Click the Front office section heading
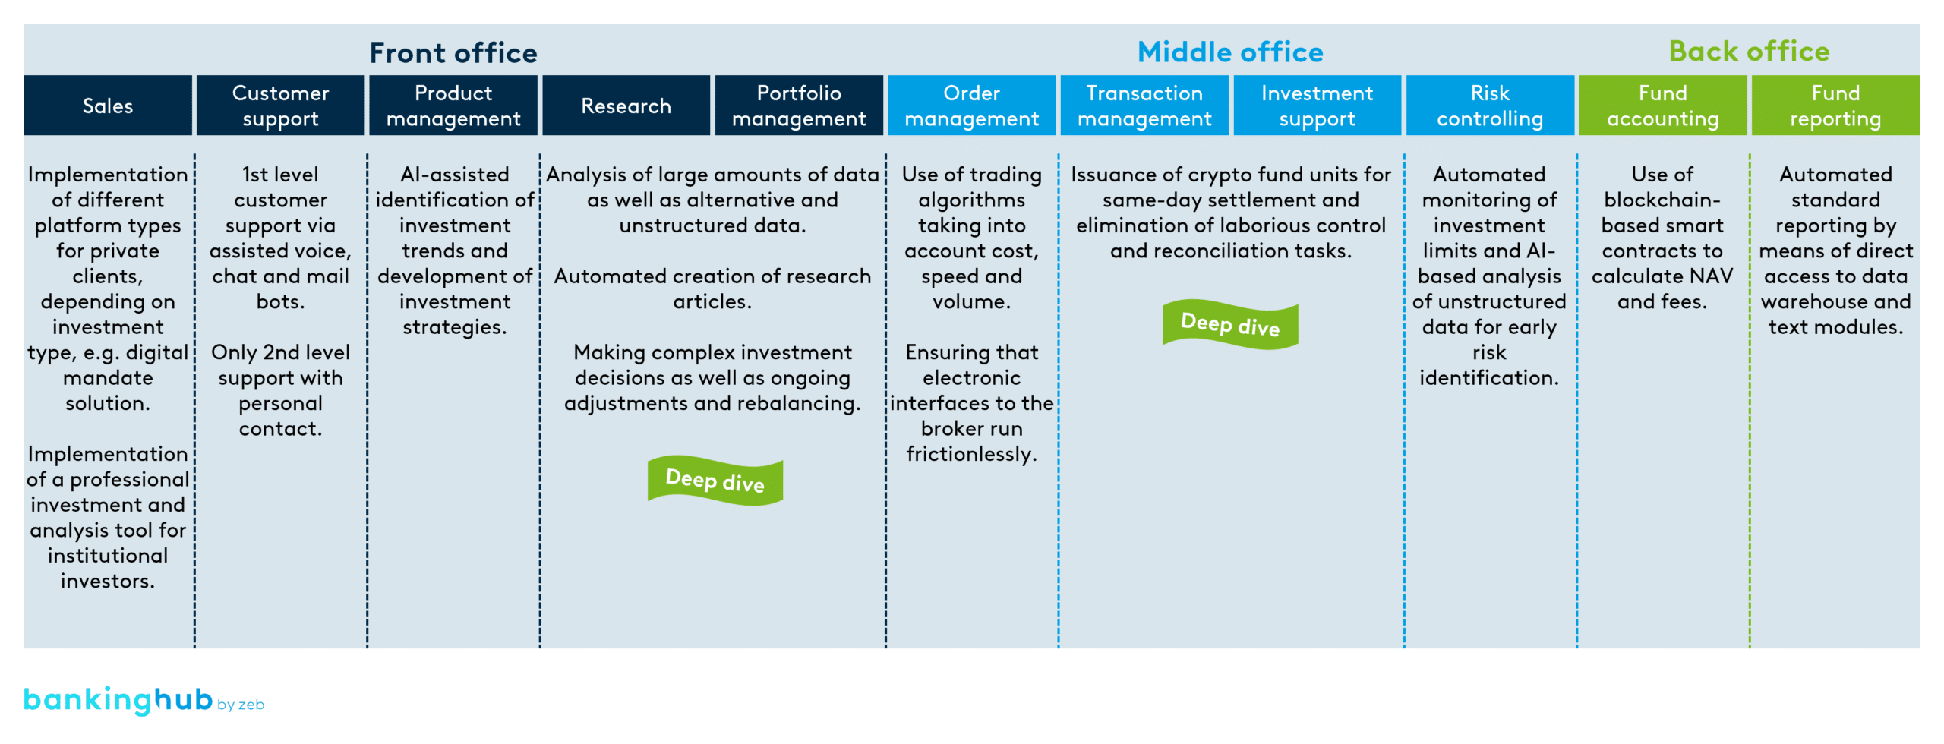pos(453,52)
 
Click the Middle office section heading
pos(1229,52)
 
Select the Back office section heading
pos(1748,51)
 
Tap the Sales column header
pos(108,106)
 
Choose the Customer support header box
pos(280,106)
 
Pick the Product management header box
pos(453,106)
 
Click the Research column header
pos(626,106)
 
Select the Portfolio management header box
pos(798,106)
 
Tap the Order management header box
pos(971,106)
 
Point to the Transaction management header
pos(1144,106)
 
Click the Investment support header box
pos(1317,106)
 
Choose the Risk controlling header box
pos(1489,106)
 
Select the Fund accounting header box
pos(1662,106)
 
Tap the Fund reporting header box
pos(1835,106)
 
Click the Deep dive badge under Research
pos(715,481)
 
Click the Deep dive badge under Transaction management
pos(1230,324)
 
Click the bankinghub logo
pos(118,699)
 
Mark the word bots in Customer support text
pos(279,302)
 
